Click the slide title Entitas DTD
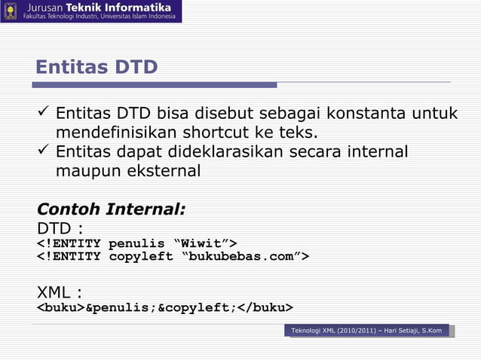coord(97,68)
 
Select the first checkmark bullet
coord(44,114)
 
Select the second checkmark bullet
coord(44,152)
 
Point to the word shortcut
coord(214,133)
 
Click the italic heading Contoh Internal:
coord(111,208)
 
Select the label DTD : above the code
coord(60,227)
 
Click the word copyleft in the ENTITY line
coord(140,257)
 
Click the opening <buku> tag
coord(61,308)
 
